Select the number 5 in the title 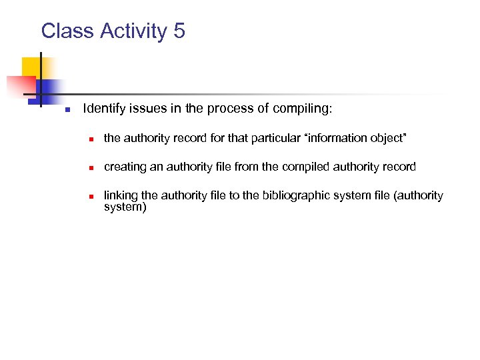(179, 31)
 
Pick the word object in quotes (387, 138)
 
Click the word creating (125, 167)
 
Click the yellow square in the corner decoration (31, 67)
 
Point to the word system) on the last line (125, 207)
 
